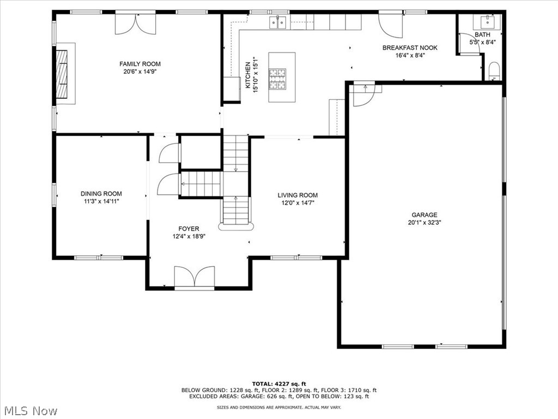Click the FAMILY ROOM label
[140, 64]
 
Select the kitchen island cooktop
[278, 77]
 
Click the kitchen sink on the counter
[278, 22]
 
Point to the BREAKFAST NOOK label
[410, 47]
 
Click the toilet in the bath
[494, 71]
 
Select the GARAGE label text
[424, 215]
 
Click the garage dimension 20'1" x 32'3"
[424, 223]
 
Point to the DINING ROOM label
[101, 194]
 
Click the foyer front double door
[194, 277]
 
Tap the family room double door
[135, 23]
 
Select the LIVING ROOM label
[298, 195]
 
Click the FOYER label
[189, 229]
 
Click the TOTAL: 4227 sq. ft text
[278, 384]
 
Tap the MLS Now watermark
[30, 410]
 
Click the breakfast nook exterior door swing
[390, 25]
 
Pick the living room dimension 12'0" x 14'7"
[298, 202]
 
